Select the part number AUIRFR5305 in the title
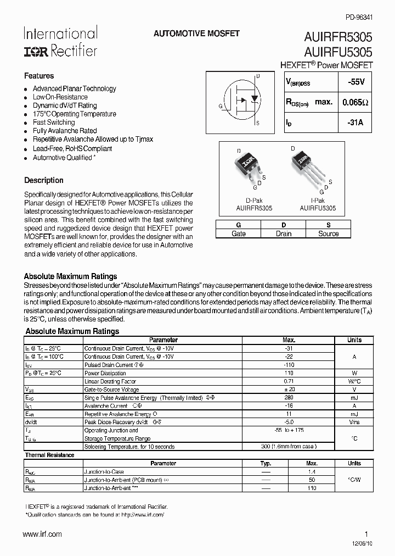tap(338, 38)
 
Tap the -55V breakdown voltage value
tap(356, 81)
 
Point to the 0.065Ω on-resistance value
tap(356, 102)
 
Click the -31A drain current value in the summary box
tap(356, 123)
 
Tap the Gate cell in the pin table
tap(239, 233)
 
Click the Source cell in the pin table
tap(329, 233)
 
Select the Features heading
tap(39, 76)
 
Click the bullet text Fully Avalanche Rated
tap(65, 131)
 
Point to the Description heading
tap(44, 180)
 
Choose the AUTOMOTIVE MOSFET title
tap(196, 34)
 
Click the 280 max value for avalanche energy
tap(289, 397)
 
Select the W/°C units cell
tap(354, 381)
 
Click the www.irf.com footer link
tap(43, 534)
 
